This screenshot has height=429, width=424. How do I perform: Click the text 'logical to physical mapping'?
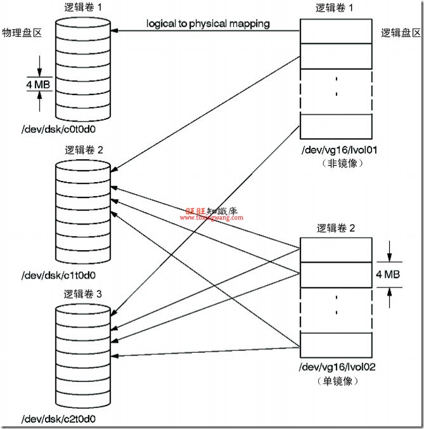[208, 24]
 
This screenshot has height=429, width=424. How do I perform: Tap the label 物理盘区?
[22, 32]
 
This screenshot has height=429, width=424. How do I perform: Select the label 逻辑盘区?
[401, 32]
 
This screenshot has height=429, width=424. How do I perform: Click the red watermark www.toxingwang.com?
[211, 217]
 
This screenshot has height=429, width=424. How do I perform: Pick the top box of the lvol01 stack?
[335, 31]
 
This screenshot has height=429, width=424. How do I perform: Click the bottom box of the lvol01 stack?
[335, 124]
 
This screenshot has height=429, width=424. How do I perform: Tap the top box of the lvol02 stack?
[335, 249]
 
